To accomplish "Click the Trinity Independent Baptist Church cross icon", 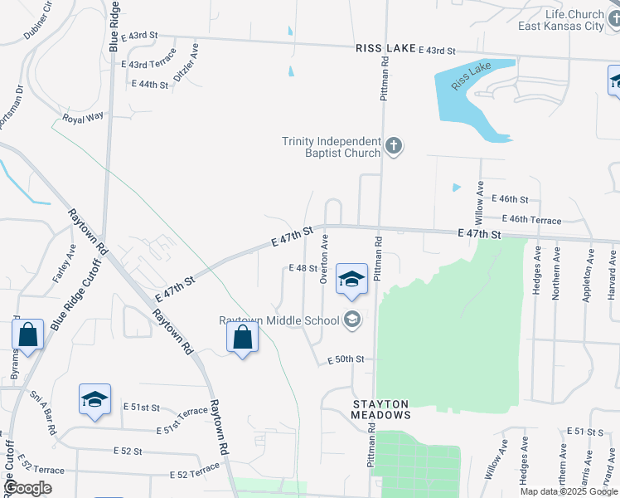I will tap(394, 148).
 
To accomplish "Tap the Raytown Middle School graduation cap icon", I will tap(353, 320).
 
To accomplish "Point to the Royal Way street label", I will tap(83, 117).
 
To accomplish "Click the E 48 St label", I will tap(303, 268).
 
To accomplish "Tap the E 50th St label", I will tap(346, 359).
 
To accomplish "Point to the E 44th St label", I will tap(150, 85).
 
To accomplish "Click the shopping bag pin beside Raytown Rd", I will tap(242, 338).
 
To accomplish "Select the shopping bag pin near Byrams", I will tap(28, 336).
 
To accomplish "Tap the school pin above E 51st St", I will tap(94, 400).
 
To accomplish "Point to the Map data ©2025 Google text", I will tap(568, 491).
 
